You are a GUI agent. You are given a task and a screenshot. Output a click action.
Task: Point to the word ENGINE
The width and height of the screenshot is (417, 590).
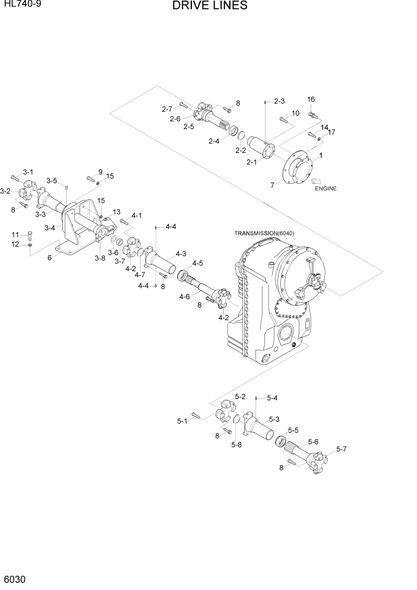point(326,189)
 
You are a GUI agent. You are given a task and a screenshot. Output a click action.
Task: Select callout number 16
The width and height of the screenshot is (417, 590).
point(311,99)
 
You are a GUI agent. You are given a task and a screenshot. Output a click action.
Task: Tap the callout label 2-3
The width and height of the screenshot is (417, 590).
point(279,101)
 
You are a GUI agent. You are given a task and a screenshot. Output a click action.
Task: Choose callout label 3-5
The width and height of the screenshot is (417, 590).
point(52,181)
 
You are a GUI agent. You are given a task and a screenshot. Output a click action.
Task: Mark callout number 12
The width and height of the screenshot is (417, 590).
point(15,244)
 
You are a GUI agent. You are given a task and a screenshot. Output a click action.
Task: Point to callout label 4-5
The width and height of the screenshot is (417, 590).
point(197,263)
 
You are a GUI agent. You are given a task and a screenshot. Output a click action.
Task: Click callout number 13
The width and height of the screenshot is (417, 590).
point(116,212)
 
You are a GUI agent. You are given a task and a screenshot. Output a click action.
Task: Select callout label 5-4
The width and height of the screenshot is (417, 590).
point(272,398)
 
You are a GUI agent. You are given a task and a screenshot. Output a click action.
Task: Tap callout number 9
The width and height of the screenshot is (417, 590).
point(100,172)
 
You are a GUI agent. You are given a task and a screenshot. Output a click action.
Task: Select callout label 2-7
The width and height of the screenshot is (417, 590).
point(166,108)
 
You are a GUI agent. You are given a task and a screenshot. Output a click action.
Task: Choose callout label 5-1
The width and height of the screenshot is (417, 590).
point(182,421)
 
